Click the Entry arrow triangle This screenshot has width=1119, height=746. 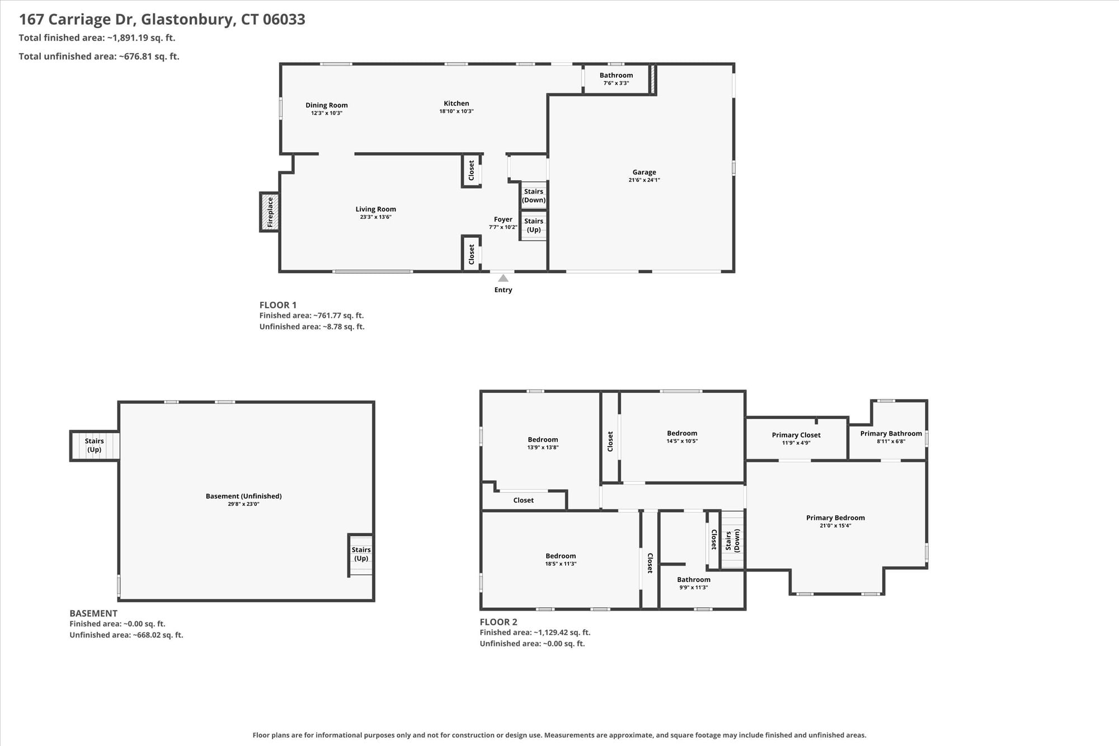pos(503,278)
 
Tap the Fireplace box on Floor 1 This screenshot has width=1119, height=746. pos(270,212)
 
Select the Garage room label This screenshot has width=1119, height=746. pos(644,172)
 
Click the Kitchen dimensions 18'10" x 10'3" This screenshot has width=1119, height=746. pos(457,111)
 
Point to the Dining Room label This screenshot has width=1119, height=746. pos(327,105)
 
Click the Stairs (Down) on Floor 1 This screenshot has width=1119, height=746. pos(534,195)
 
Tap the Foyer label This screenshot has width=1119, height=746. pos(503,219)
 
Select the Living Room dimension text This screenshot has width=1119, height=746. pos(375,217)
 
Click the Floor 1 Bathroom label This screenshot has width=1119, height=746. pos(616,75)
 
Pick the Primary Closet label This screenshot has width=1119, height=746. pos(796,435)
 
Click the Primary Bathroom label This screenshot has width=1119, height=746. pos(891,433)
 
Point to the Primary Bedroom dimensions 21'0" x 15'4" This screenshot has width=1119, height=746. pos(835,526)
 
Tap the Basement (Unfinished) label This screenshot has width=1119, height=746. pos(243,496)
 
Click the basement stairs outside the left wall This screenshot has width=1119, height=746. pos(95,445)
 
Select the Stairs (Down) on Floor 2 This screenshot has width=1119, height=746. pos(732,541)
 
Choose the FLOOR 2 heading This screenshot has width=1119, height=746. pos(499,622)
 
